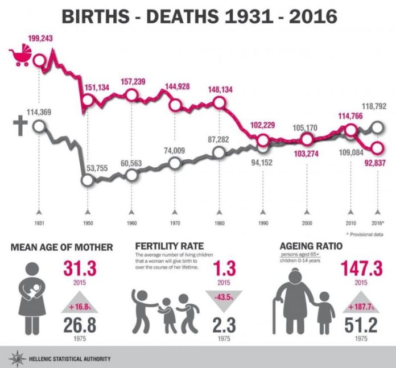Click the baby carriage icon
(20, 57)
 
